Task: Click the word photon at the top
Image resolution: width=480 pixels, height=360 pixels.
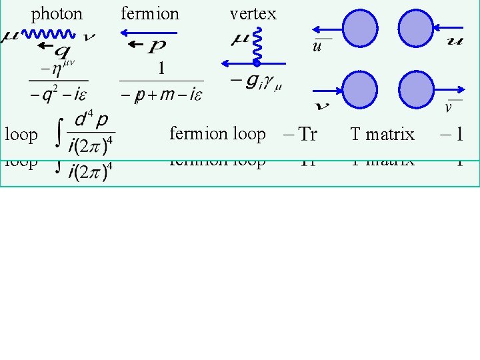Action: [57, 13]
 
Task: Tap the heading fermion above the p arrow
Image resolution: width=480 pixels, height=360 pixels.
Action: [150, 13]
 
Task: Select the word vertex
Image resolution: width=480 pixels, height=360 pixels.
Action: [253, 13]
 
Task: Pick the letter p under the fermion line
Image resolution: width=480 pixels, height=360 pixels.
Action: [156, 47]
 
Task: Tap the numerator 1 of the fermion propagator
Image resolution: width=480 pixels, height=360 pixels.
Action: [161, 69]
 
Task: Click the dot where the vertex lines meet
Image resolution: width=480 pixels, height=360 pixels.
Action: [257, 63]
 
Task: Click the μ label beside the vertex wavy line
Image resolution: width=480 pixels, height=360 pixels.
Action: [240, 40]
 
